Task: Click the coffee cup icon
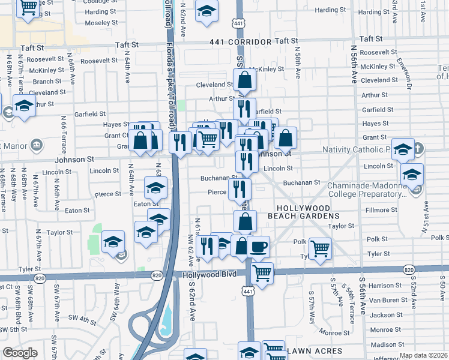pos(258,247)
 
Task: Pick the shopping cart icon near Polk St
pos(320,247)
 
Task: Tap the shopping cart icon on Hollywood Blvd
pos(262,273)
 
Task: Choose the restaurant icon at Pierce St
pos(240,190)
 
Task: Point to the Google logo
pos(20,353)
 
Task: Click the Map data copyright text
pos(424,355)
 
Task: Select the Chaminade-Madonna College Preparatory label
pos(367,190)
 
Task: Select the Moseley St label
pos(100,23)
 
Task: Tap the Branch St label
pos(43,82)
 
